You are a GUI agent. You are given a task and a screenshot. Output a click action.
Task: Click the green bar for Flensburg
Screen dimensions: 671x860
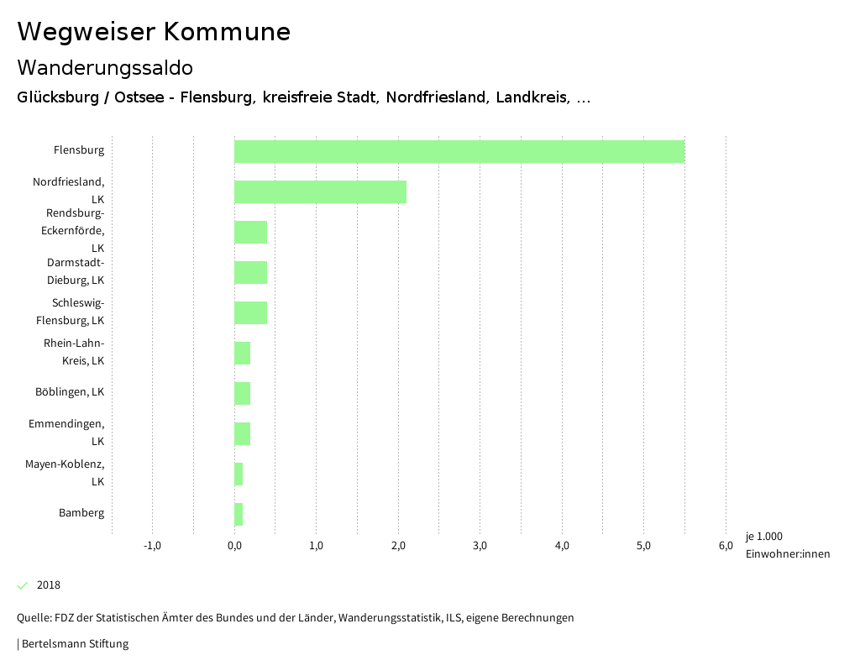tap(459, 151)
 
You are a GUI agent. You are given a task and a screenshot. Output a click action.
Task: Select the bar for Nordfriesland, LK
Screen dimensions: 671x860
tap(320, 191)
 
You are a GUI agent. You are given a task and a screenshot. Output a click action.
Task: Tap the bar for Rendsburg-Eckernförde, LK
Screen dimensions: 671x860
tap(250, 232)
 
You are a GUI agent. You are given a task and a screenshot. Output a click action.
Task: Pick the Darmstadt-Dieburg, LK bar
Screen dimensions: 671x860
tap(250, 272)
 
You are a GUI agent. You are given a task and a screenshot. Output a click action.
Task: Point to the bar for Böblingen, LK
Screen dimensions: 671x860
tap(242, 393)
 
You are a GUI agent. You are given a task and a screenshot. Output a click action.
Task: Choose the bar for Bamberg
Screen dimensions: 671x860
tap(239, 514)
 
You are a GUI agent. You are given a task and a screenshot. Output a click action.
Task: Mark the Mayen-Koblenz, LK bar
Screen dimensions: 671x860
tap(239, 474)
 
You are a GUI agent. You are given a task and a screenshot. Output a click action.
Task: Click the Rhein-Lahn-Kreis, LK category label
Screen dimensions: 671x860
tap(74, 352)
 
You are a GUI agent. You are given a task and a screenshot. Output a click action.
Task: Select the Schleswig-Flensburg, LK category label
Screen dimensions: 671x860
tap(71, 312)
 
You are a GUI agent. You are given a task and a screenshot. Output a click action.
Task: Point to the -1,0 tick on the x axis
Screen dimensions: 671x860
tap(152, 546)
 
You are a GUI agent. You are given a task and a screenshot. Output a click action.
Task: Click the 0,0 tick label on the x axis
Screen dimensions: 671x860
tap(234, 546)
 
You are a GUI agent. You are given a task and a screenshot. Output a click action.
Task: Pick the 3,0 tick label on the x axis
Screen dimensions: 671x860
tap(480, 546)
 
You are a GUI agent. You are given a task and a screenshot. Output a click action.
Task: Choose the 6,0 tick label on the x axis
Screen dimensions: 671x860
tap(726, 546)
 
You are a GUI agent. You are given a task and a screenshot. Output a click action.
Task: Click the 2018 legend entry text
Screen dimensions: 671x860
tap(49, 585)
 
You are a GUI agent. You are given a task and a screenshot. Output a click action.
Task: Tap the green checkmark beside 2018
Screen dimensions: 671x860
tap(23, 585)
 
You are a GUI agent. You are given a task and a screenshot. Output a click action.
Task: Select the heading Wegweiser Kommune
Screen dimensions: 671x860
tap(154, 32)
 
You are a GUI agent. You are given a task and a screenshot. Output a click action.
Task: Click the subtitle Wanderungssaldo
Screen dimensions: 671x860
tap(105, 67)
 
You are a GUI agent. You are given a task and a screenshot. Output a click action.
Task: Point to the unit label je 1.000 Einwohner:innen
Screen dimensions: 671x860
tap(787, 545)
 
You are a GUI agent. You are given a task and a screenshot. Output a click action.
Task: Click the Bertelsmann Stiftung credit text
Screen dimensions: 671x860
tap(74, 644)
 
